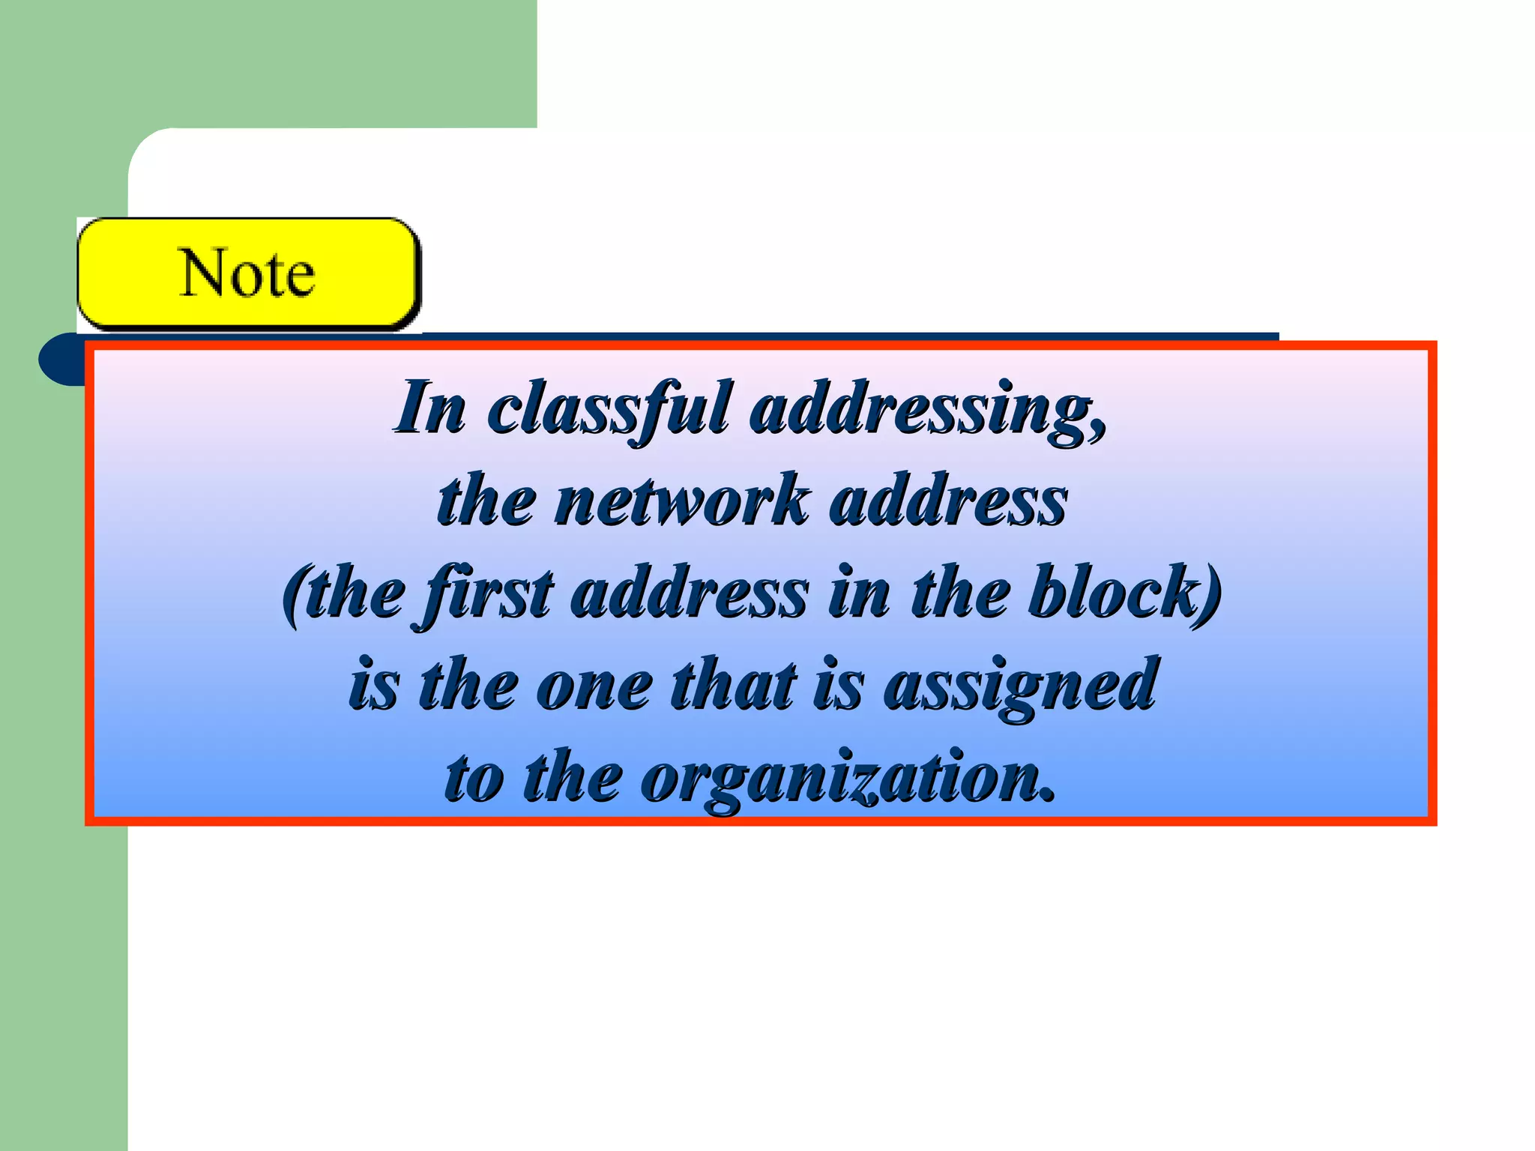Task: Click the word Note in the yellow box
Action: [247, 274]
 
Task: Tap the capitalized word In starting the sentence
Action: [430, 408]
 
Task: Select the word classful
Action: [607, 408]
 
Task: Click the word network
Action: [681, 501]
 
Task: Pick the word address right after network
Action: [948, 501]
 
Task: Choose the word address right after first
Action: [690, 593]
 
